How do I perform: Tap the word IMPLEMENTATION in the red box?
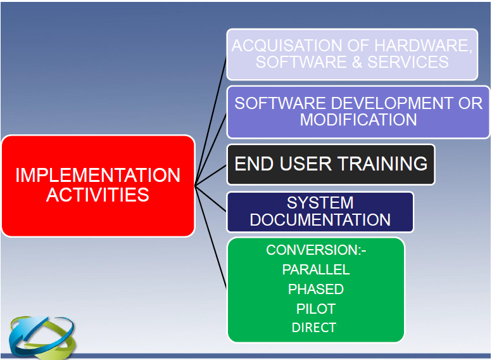(x=98, y=175)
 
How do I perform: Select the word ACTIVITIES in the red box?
(x=98, y=195)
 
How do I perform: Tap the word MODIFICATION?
(x=358, y=119)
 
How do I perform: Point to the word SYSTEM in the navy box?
(x=320, y=203)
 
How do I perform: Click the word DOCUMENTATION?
(x=320, y=220)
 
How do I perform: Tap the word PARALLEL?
(x=315, y=269)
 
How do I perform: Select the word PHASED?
(x=315, y=289)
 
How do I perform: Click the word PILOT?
(x=315, y=309)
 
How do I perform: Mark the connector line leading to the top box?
(x=210, y=120)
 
